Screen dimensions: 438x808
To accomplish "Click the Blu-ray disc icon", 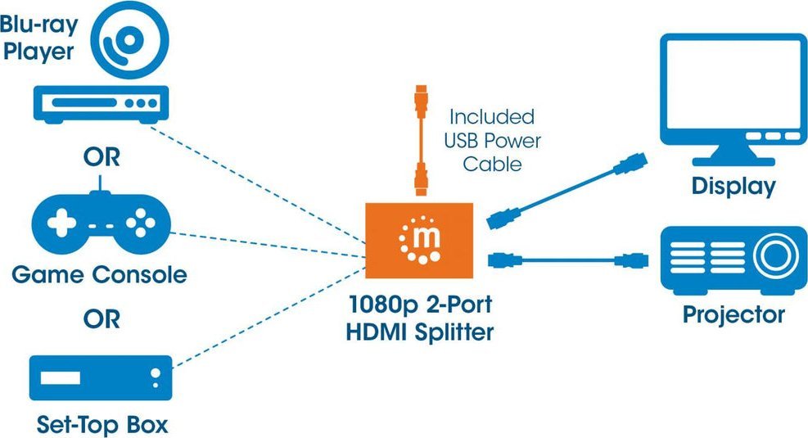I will tap(131, 42).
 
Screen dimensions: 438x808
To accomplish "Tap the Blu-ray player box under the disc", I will tap(100, 104).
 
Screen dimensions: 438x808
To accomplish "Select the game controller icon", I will tap(100, 224).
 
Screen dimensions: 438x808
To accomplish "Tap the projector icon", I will tap(734, 260).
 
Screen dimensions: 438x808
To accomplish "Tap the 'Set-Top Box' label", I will tap(102, 425).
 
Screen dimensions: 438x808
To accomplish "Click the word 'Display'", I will tap(733, 186).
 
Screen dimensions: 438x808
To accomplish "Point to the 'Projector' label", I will tap(734, 314).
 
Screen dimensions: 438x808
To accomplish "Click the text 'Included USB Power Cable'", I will tap(492, 140).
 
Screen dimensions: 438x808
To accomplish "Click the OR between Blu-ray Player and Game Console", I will tap(101, 157).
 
